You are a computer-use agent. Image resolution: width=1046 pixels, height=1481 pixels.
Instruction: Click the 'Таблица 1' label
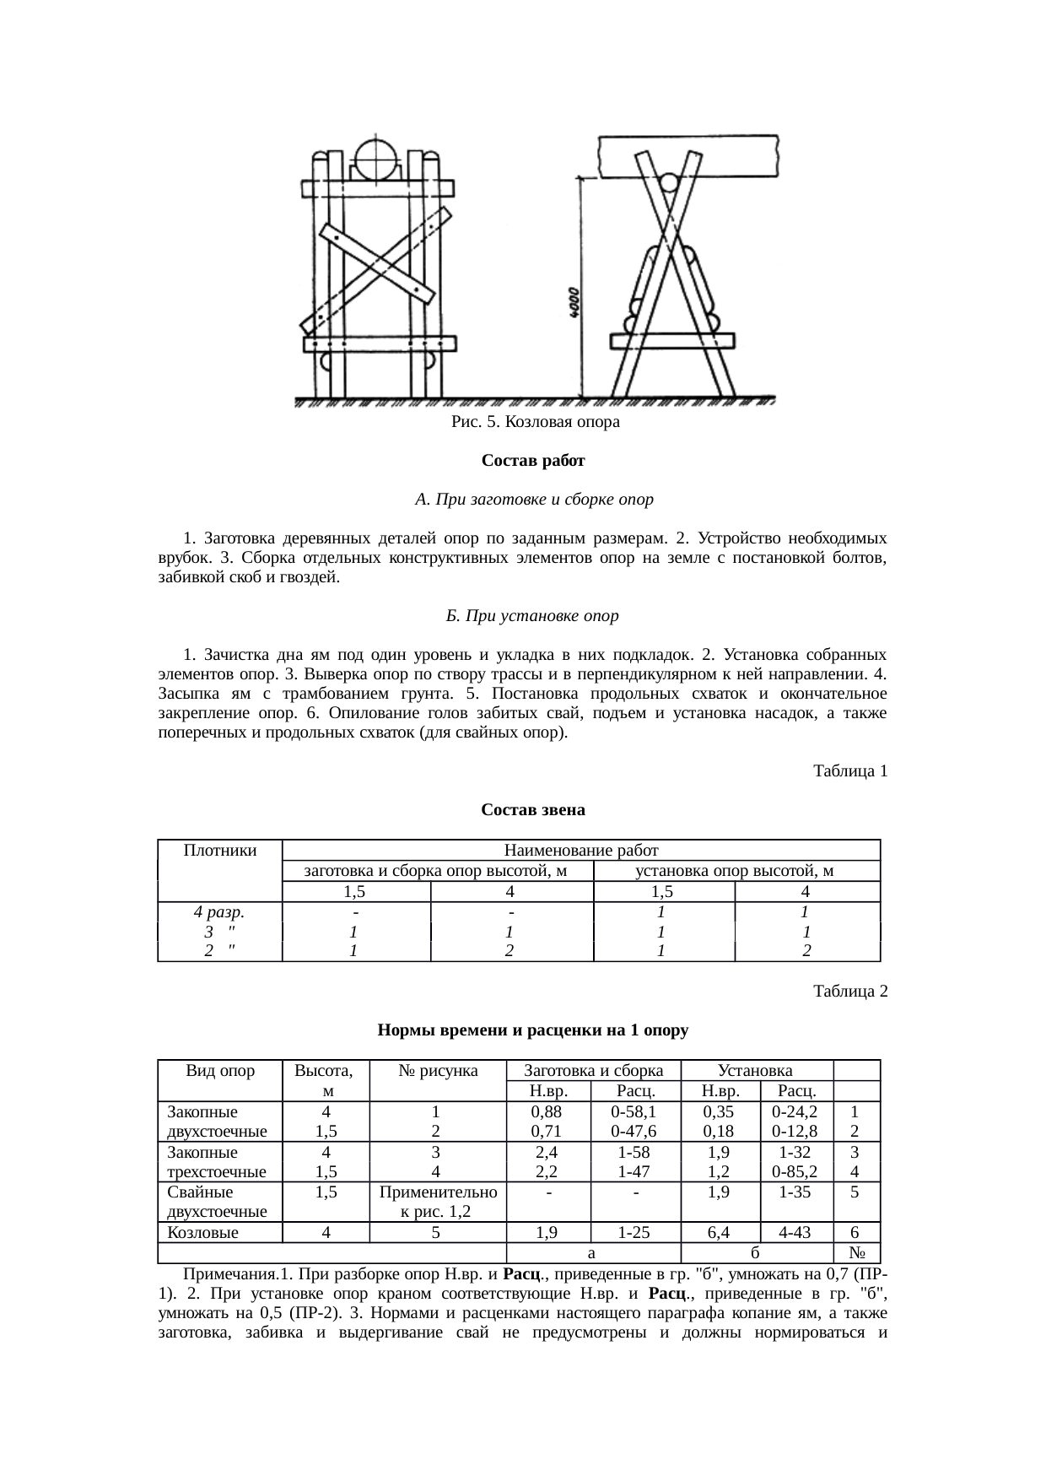click(x=849, y=771)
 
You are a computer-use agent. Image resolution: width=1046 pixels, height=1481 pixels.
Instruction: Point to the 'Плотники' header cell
click(x=219, y=851)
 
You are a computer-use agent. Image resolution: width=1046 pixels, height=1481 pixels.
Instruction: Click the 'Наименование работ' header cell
click(x=580, y=851)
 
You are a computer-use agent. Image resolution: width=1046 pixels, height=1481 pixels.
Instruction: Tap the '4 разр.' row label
click(x=219, y=912)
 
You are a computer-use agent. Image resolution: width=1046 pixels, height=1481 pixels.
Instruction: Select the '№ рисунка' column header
click(x=437, y=1072)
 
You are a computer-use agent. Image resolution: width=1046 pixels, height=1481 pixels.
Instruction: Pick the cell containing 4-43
click(x=796, y=1232)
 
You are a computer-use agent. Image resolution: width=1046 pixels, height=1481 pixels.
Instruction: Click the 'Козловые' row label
click(x=202, y=1232)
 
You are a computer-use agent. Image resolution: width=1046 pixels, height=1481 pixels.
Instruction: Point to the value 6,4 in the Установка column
click(x=720, y=1232)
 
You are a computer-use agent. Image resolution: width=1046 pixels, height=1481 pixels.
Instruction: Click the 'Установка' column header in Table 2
click(x=755, y=1072)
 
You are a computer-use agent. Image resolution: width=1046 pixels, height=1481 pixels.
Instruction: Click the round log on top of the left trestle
click(x=375, y=158)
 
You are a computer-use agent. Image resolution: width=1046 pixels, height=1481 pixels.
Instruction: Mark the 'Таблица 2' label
click(x=849, y=992)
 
